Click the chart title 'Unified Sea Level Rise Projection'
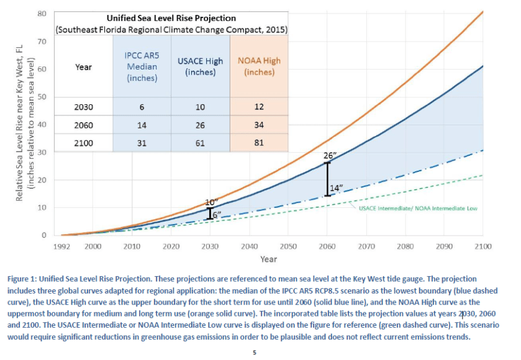(x=171, y=18)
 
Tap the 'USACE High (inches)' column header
(x=200, y=66)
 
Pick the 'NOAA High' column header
(x=259, y=66)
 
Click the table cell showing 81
(x=259, y=142)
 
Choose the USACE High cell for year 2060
(x=200, y=124)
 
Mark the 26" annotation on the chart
(x=329, y=155)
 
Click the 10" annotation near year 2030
(x=211, y=202)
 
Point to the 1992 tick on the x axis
(x=61, y=247)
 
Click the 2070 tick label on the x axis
(x=366, y=247)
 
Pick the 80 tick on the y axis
(x=42, y=14)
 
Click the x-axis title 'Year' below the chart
(x=268, y=259)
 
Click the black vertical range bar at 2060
(x=327, y=179)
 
